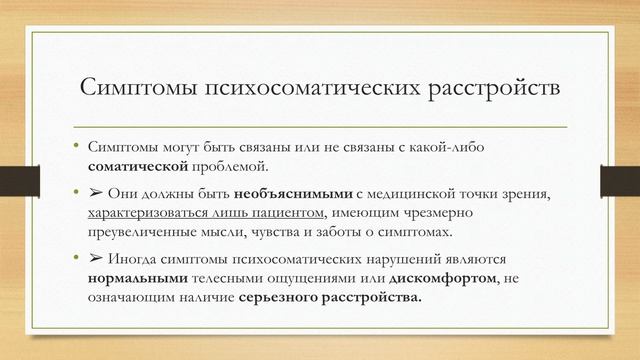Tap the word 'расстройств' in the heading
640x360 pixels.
pos(483,89)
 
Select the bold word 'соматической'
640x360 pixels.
pos(136,166)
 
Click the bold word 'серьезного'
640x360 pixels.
pos(281,299)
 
